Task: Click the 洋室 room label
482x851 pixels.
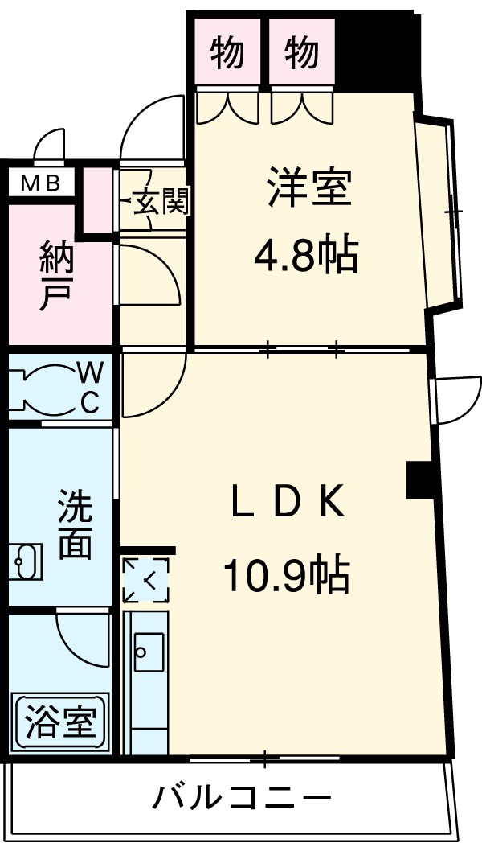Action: (x=308, y=187)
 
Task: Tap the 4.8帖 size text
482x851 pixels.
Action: (x=305, y=257)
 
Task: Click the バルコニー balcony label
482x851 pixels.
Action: (x=242, y=799)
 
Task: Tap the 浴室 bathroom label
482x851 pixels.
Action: (x=59, y=721)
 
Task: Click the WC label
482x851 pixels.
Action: (x=91, y=386)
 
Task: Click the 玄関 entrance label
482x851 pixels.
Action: (x=160, y=201)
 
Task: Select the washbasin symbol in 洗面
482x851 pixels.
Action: (x=27, y=561)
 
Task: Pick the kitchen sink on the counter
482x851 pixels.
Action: (x=149, y=651)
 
